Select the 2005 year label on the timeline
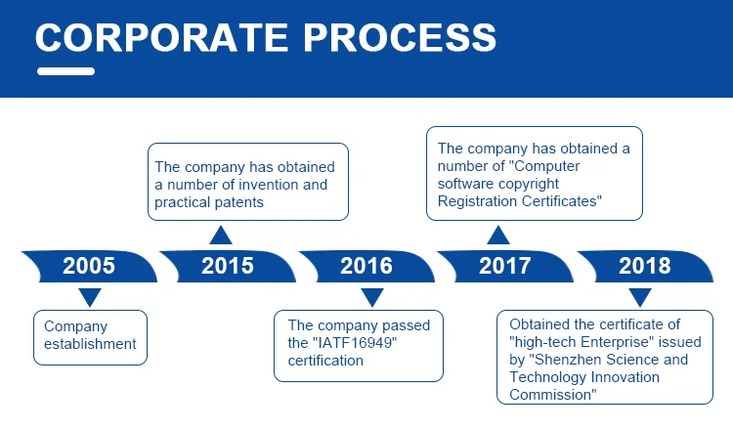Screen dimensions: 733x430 coord(88,265)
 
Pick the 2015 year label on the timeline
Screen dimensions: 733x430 coord(227,265)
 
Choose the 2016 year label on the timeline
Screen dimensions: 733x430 coord(366,265)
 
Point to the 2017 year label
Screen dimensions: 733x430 coord(504,265)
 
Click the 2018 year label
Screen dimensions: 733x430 coord(644,265)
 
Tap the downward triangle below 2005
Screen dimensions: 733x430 coord(89,297)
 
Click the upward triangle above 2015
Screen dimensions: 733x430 coord(222,235)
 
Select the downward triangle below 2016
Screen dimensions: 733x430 coord(371,297)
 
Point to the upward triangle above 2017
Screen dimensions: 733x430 coord(498,235)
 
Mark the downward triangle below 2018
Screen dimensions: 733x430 coord(639,297)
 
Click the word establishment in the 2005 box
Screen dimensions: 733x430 coord(90,344)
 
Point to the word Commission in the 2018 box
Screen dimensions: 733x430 coord(551,395)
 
